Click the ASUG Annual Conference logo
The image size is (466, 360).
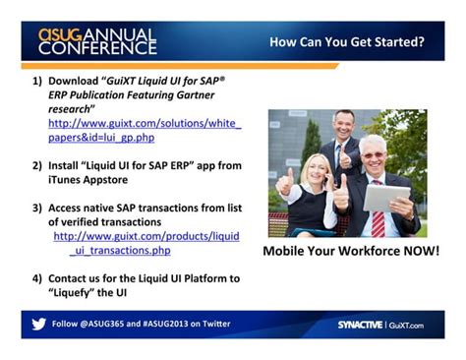point(96,40)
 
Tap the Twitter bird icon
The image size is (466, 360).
point(39,324)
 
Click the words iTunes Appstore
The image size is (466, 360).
point(95,180)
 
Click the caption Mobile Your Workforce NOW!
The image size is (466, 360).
point(350,252)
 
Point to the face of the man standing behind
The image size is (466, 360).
point(343,127)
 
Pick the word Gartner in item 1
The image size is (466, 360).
point(196,94)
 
